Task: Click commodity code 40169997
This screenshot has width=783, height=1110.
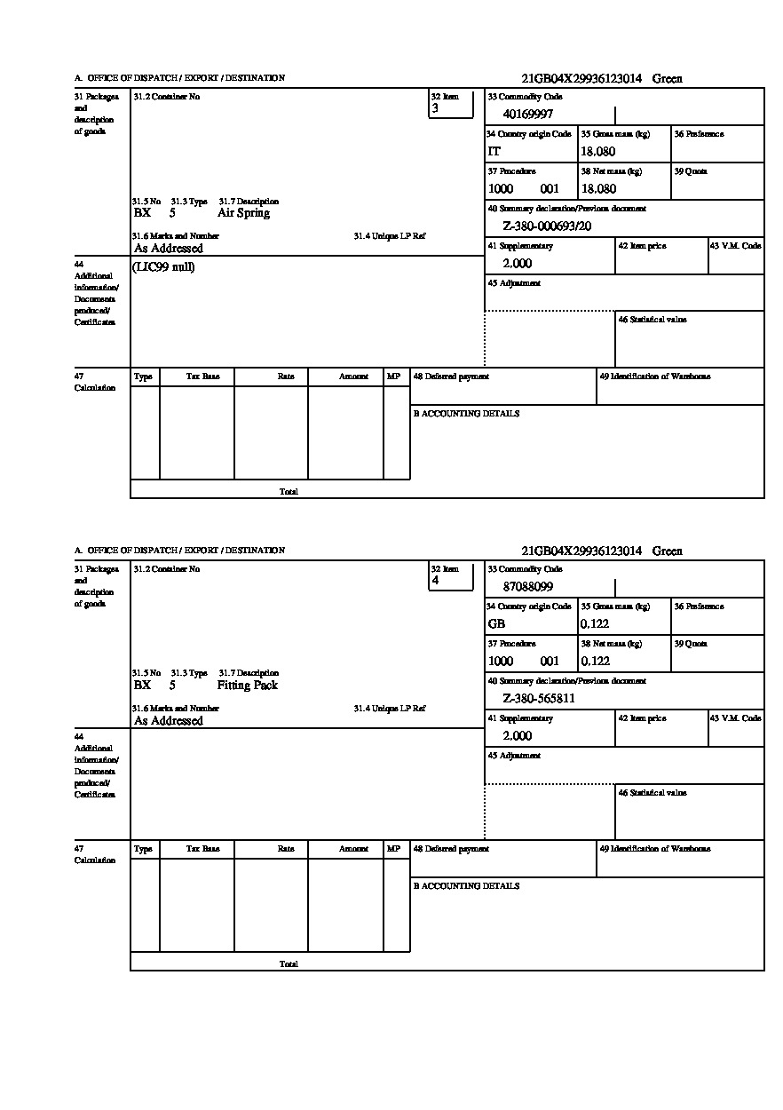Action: coord(527,114)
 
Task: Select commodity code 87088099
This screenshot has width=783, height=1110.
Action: coord(527,586)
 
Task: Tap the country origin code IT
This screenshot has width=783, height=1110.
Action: coord(494,152)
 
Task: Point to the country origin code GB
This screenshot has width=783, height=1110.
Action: coord(496,624)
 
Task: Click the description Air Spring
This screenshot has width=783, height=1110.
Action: coord(243,213)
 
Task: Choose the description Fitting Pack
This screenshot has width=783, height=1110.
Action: coord(247,686)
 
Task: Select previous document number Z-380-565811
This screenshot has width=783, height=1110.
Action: coord(539,699)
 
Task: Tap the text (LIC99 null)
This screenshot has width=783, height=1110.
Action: coord(163,267)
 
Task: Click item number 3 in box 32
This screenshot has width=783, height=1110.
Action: coord(435,108)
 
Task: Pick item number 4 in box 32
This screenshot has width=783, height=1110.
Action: coord(435,581)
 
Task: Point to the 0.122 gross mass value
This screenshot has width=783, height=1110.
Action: coord(595,624)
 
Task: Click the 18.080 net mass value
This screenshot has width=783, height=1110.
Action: coord(597,189)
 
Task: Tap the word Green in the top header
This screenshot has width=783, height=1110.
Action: coord(667,79)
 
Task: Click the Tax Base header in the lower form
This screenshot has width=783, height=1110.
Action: coord(202,849)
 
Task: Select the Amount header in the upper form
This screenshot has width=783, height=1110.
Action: coord(353,377)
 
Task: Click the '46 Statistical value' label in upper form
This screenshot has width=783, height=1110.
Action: coord(652,320)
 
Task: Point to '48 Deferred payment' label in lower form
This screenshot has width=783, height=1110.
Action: coord(451,849)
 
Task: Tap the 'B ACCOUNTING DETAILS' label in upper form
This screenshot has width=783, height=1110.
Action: coord(466,414)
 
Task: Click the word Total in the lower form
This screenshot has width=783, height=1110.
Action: coord(289,963)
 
